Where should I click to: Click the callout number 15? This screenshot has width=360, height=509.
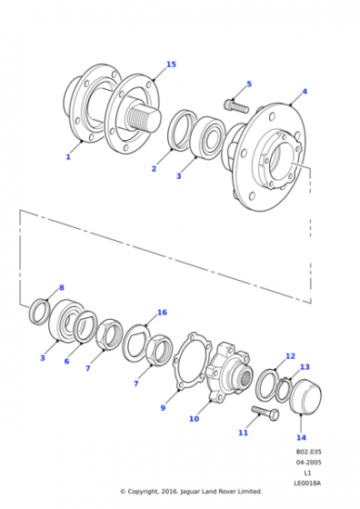pyautogui.click(x=171, y=65)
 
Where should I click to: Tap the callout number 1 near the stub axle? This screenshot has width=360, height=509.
pyautogui.click(x=68, y=156)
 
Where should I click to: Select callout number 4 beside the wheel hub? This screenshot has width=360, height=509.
pyautogui.click(x=305, y=92)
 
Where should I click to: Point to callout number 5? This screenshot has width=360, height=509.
pyautogui.click(x=249, y=84)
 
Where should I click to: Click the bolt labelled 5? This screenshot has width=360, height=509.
pyautogui.click(x=236, y=105)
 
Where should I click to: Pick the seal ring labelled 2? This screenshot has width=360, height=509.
pyautogui.click(x=181, y=131)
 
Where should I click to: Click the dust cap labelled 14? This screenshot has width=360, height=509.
pyautogui.click(x=305, y=396)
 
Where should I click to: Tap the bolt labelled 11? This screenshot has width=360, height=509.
pyautogui.click(x=265, y=414)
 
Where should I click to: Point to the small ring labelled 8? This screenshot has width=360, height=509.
pyautogui.click(x=39, y=312)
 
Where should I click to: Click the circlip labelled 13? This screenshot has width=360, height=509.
pyautogui.click(x=284, y=390)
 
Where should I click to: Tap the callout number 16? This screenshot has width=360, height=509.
pyautogui.click(x=162, y=313)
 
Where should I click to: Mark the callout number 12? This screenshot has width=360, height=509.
pyautogui.click(x=290, y=356)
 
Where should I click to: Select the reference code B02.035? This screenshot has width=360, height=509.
pyautogui.click(x=308, y=452)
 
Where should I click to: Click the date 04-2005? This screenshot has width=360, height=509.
pyautogui.click(x=308, y=462)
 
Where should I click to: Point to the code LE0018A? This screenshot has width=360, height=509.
pyautogui.click(x=307, y=483)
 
